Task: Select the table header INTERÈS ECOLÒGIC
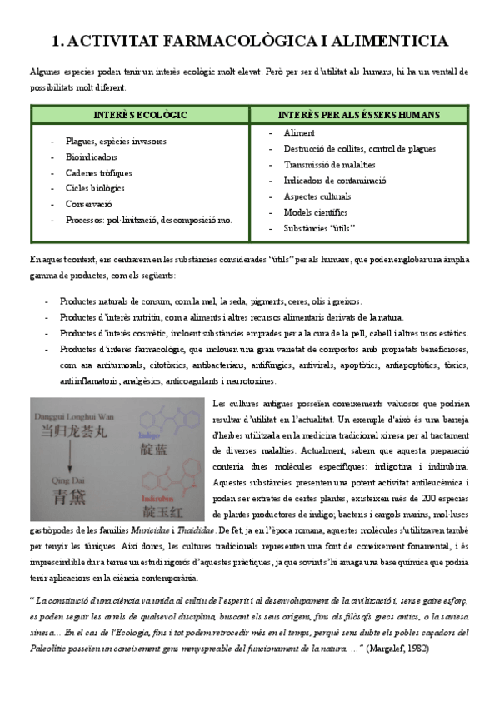click(140, 113)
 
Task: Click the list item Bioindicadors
click(92, 157)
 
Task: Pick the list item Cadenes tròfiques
click(98, 172)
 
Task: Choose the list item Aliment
click(299, 132)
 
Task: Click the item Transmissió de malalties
click(331, 164)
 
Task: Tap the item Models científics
click(316, 211)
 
